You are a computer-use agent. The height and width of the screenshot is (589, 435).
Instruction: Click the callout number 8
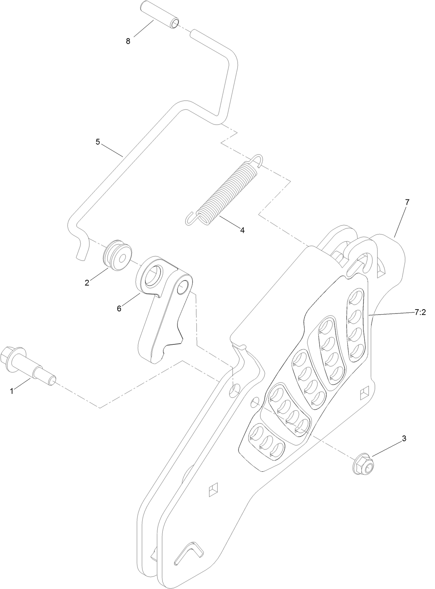point(128,41)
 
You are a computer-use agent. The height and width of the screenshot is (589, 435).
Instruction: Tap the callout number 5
point(98,142)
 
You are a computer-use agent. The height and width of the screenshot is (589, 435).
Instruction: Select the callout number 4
point(242,230)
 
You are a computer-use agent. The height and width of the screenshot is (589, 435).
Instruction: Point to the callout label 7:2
point(420,312)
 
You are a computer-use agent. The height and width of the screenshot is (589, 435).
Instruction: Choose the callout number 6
point(119,308)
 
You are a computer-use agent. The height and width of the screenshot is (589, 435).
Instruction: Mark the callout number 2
point(87,282)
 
